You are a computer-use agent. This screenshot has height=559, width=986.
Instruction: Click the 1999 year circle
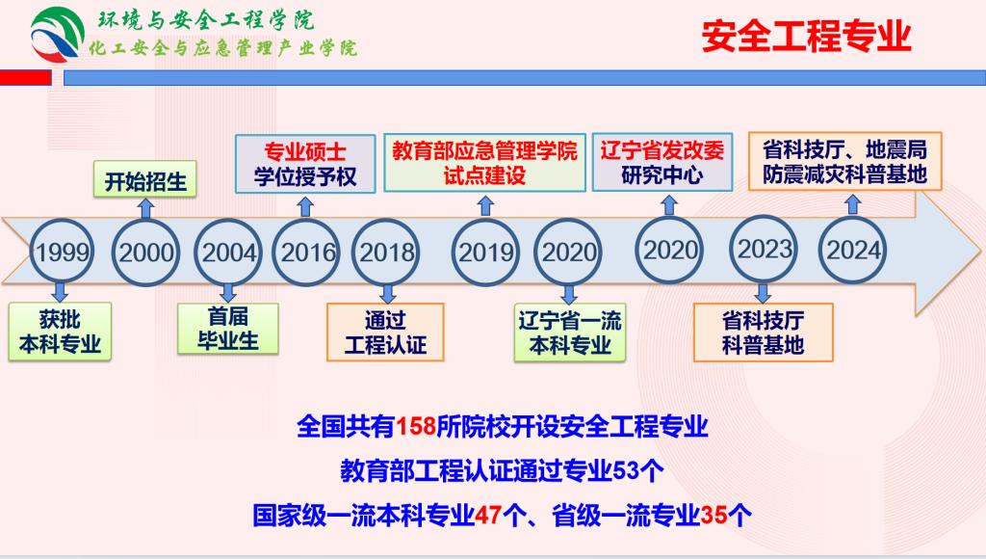[62, 252]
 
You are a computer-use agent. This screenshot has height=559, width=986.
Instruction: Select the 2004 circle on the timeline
[227, 253]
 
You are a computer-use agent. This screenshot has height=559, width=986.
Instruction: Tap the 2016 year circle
[306, 253]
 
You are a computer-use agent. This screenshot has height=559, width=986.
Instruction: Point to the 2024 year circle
[852, 251]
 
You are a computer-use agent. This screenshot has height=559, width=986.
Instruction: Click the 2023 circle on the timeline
[764, 250]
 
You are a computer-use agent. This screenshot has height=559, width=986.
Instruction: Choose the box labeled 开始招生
[145, 181]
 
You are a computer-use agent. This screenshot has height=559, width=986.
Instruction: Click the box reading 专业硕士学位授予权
[305, 164]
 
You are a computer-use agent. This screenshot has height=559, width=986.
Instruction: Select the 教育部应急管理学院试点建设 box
[485, 163]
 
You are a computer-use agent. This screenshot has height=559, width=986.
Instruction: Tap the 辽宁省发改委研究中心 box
[662, 162]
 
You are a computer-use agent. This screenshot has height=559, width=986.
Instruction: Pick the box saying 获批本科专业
[60, 332]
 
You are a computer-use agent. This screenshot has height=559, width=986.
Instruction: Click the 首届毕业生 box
[227, 329]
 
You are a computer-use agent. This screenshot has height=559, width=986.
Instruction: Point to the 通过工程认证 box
[385, 333]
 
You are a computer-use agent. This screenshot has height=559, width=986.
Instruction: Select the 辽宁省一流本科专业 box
[570, 333]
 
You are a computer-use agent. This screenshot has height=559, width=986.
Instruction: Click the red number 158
[416, 427]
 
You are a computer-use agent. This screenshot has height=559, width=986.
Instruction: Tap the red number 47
[488, 515]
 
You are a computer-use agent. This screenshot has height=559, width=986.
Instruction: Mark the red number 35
[714, 515]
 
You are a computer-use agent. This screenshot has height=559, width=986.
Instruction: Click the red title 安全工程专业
[806, 36]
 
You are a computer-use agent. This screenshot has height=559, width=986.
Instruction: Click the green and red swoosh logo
[57, 35]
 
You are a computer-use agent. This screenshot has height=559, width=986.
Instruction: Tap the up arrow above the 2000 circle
[146, 208]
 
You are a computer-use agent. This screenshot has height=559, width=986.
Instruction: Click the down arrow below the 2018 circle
[388, 293]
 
